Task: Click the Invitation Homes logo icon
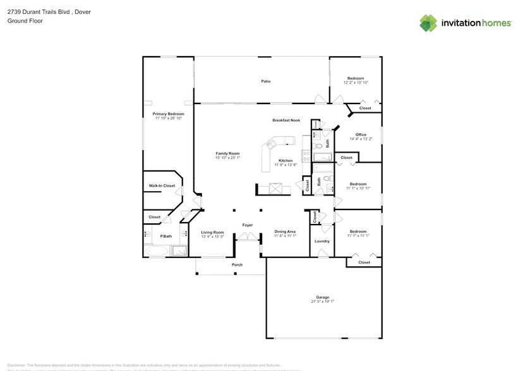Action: point(428,23)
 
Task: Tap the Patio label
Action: point(266,81)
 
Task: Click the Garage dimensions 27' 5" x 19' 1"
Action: point(322,302)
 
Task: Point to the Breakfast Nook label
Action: point(286,120)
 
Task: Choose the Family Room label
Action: point(227,153)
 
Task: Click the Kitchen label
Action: point(286,160)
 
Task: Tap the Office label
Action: point(361,134)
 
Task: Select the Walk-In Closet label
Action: point(161,186)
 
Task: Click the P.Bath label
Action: point(166,236)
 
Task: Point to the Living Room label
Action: point(212,232)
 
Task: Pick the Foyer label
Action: point(248,225)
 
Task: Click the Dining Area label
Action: point(285,232)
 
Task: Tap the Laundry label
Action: point(322,241)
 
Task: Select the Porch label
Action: point(237,265)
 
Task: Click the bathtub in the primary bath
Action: point(155,250)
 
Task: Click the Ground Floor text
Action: point(21,21)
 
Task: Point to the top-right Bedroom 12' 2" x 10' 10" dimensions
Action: point(356,83)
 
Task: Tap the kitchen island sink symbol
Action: point(276,188)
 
